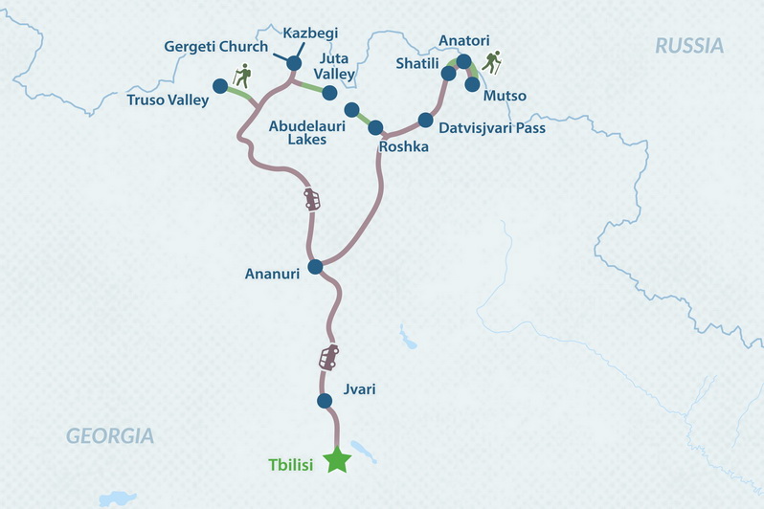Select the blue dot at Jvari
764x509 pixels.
click(325, 401)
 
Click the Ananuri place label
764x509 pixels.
click(273, 274)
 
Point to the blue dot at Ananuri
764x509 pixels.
click(315, 267)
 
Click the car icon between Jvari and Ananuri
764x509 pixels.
click(328, 358)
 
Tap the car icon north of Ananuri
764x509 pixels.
click(312, 199)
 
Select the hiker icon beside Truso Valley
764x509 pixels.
click(243, 75)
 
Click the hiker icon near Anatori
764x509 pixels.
click(491, 63)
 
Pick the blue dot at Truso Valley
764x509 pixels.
click(220, 86)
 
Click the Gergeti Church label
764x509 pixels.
click(203, 46)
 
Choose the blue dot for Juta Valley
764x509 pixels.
click(329, 93)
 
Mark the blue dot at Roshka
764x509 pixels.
click(375, 127)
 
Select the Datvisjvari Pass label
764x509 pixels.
click(491, 126)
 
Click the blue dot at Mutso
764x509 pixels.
click(472, 84)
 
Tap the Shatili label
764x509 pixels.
click(418, 64)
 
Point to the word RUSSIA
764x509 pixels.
click(689, 45)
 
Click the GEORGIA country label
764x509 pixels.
click(109, 436)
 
